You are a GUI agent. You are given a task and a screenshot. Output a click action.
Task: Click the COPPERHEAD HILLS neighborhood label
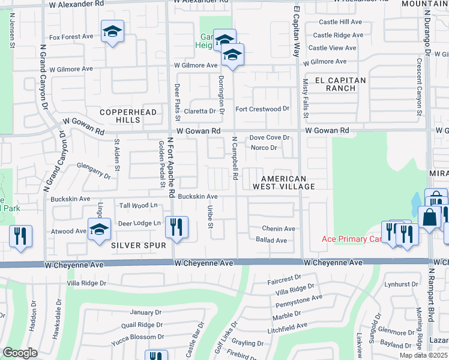pos(120,116)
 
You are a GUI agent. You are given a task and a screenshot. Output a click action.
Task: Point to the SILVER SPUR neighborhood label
pos(133,245)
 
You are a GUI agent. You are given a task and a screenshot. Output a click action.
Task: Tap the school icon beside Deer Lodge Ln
pos(99,229)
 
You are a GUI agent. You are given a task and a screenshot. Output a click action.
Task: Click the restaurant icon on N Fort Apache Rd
pos(176,227)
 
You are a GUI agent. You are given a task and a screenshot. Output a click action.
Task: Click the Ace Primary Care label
pos(351,239)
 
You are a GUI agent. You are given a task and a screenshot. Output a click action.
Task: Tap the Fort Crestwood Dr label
pos(262,109)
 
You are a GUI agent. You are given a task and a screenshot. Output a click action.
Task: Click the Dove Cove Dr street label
pos(270,137)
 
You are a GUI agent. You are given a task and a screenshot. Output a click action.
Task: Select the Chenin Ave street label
pos(279,229)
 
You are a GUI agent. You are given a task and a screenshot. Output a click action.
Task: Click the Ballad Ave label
pos(271,240)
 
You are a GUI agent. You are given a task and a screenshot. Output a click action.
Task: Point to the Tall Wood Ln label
pos(139,205)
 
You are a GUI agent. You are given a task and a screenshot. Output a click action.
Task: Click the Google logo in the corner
pos(20,353)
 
